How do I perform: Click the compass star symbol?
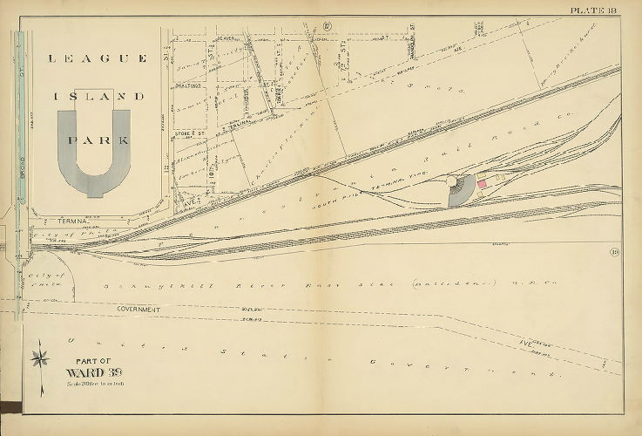[x=40, y=358]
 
